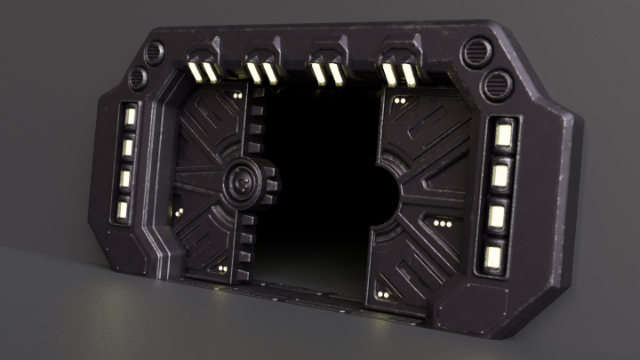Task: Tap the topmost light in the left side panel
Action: coord(130,116)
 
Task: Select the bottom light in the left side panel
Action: coord(122,211)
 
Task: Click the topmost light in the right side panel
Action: coord(503,135)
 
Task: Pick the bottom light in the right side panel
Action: coord(493,257)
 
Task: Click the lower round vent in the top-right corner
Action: coord(495,86)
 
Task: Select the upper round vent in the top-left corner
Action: coord(155,52)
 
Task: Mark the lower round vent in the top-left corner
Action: coord(138,79)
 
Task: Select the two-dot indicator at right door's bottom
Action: coord(382,293)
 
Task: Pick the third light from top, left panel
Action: coord(124,178)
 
